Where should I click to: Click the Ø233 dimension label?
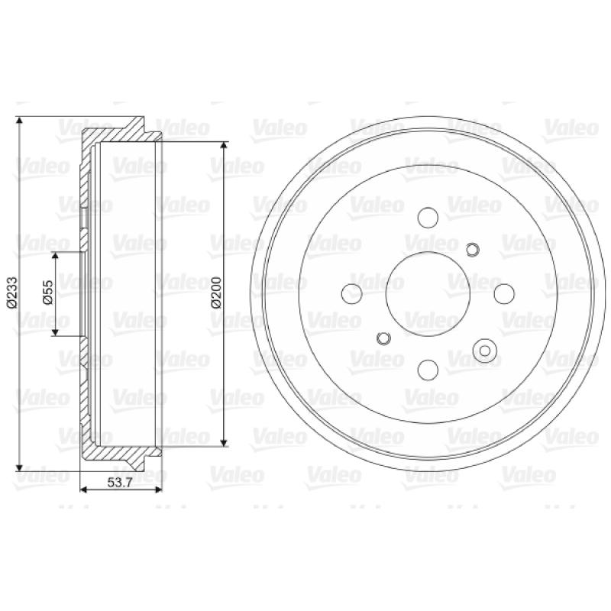[11, 293]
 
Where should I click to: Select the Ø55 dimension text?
[47, 293]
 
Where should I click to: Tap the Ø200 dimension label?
[216, 293]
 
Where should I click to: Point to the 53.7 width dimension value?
[120, 483]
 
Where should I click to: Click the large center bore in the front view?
[428, 294]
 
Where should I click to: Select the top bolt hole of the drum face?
[428, 218]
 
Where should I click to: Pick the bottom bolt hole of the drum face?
[428, 370]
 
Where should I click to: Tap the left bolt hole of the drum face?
[351, 293]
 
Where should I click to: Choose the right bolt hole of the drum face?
[504, 294]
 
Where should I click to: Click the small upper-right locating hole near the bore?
[472, 250]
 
